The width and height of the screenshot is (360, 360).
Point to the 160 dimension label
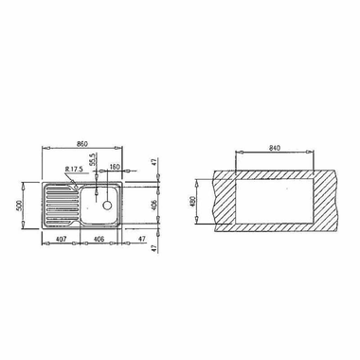point(114,168)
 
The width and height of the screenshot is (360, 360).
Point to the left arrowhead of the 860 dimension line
point(44,150)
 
